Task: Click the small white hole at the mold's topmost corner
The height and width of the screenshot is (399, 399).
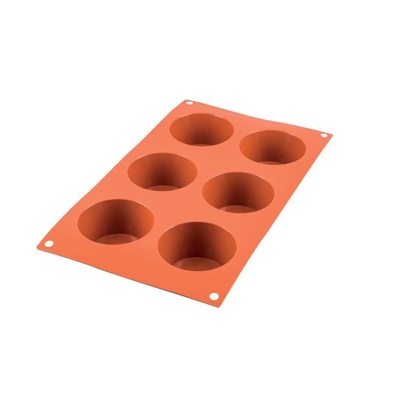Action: coord(189,103)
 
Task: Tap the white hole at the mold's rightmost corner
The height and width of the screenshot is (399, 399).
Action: coord(324,135)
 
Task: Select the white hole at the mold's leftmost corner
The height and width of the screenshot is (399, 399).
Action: coord(49,243)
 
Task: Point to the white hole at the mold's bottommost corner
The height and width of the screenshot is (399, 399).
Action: coord(214,296)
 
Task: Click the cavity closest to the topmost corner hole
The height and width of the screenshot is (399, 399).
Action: coord(201,129)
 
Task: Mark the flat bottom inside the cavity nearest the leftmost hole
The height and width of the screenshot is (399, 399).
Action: coord(117,239)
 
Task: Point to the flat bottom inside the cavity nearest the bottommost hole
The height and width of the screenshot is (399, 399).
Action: coord(196,264)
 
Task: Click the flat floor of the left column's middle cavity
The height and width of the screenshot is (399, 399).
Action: coord(163,188)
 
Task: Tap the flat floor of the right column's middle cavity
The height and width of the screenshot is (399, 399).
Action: coord(237,209)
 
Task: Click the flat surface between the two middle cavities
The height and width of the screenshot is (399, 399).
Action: coord(199,182)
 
